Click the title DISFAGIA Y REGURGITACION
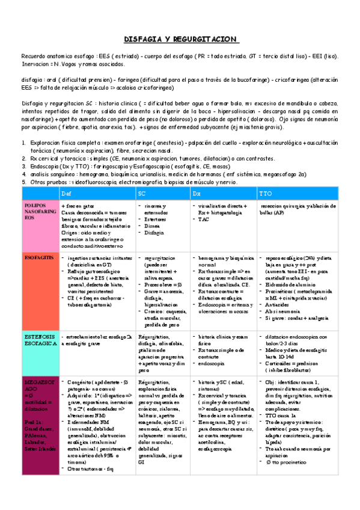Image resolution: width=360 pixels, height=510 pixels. pos(180,38)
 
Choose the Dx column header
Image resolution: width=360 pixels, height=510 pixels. pos(197,194)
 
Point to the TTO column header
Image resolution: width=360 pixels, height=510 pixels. pos(265,194)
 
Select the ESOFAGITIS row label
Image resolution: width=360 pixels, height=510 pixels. pos(37,257)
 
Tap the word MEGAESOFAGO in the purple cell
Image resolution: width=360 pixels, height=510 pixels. pos(37,369)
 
